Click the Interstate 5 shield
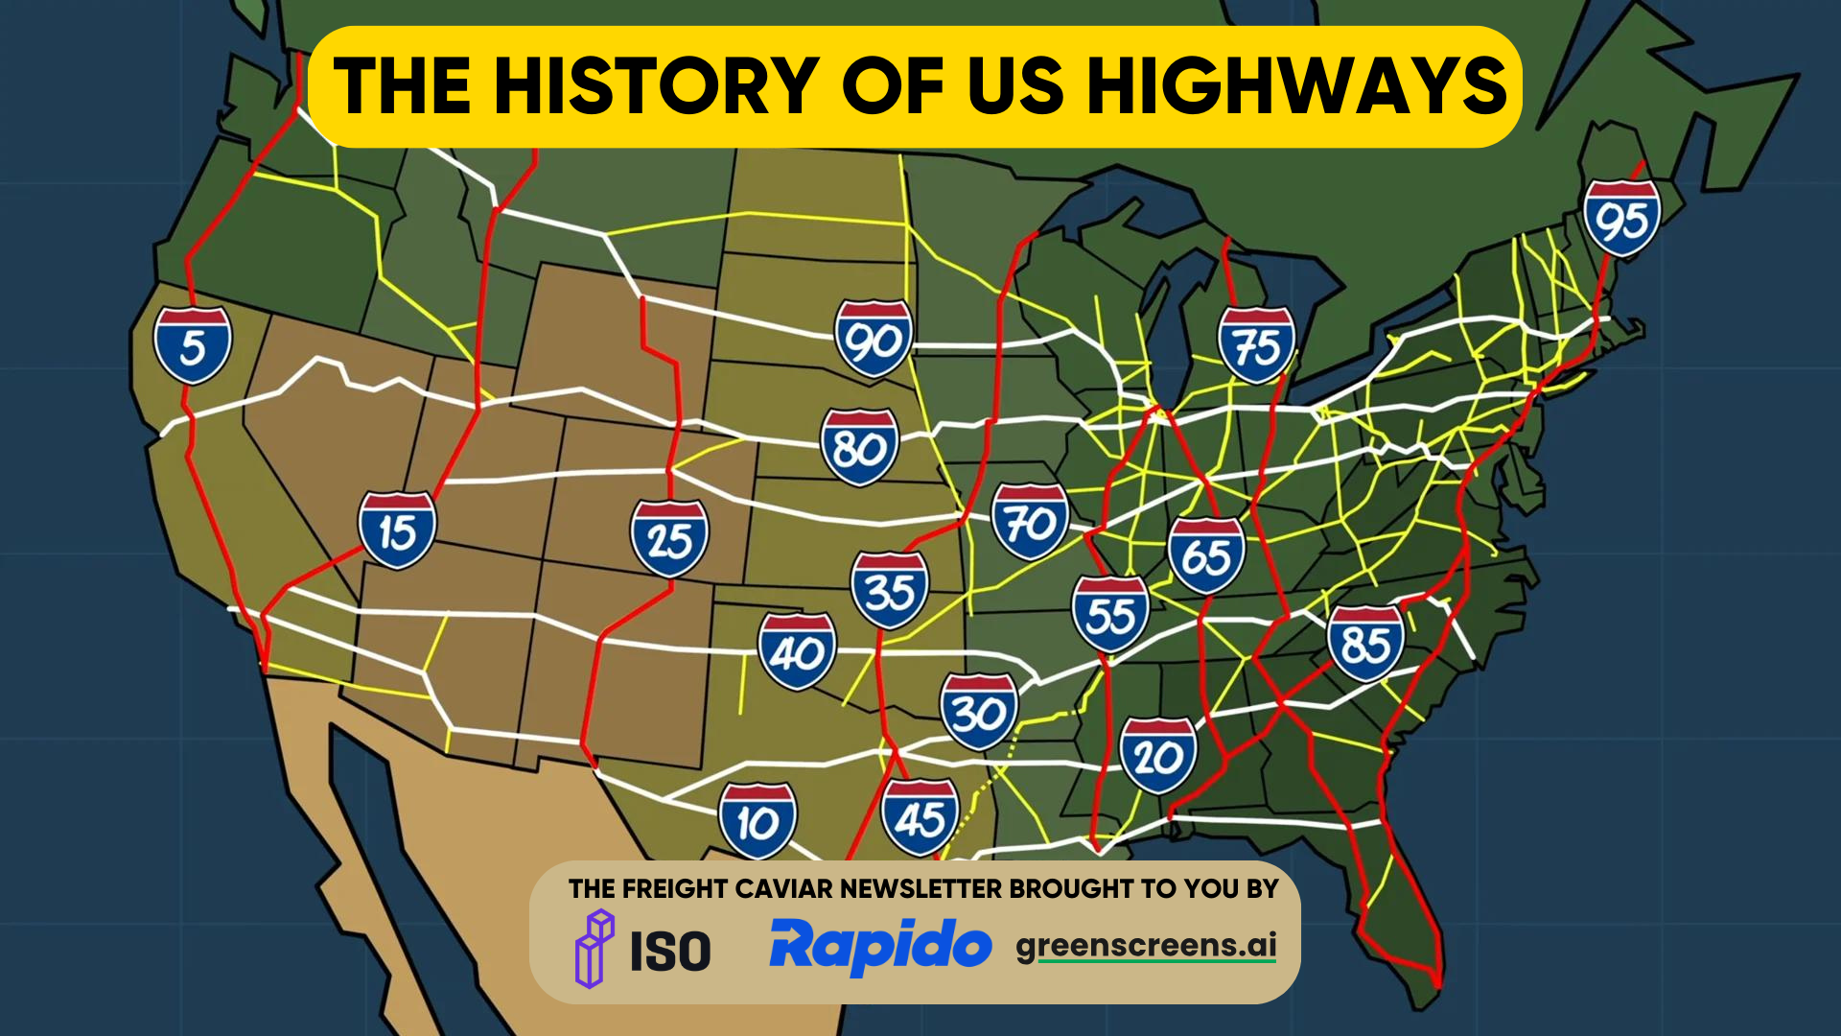[x=193, y=345]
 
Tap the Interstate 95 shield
[x=1621, y=219]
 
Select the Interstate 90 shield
[x=873, y=339]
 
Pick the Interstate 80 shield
[x=859, y=447]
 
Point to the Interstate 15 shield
[x=397, y=530]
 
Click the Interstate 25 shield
[x=669, y=538]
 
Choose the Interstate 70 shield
[x=1030, y=522]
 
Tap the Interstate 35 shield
[x=890, y=590]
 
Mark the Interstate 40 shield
[x=797, y=652]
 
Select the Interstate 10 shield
[x=757, y=821]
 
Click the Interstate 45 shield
[x=920, y=817]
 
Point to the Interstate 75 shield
[x=1256, y=345]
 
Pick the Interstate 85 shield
[x=1365, y=644]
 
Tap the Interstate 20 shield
[x=1157, y=756]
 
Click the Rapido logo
[x=879, y=946]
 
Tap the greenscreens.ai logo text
[x=1146, y=946]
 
